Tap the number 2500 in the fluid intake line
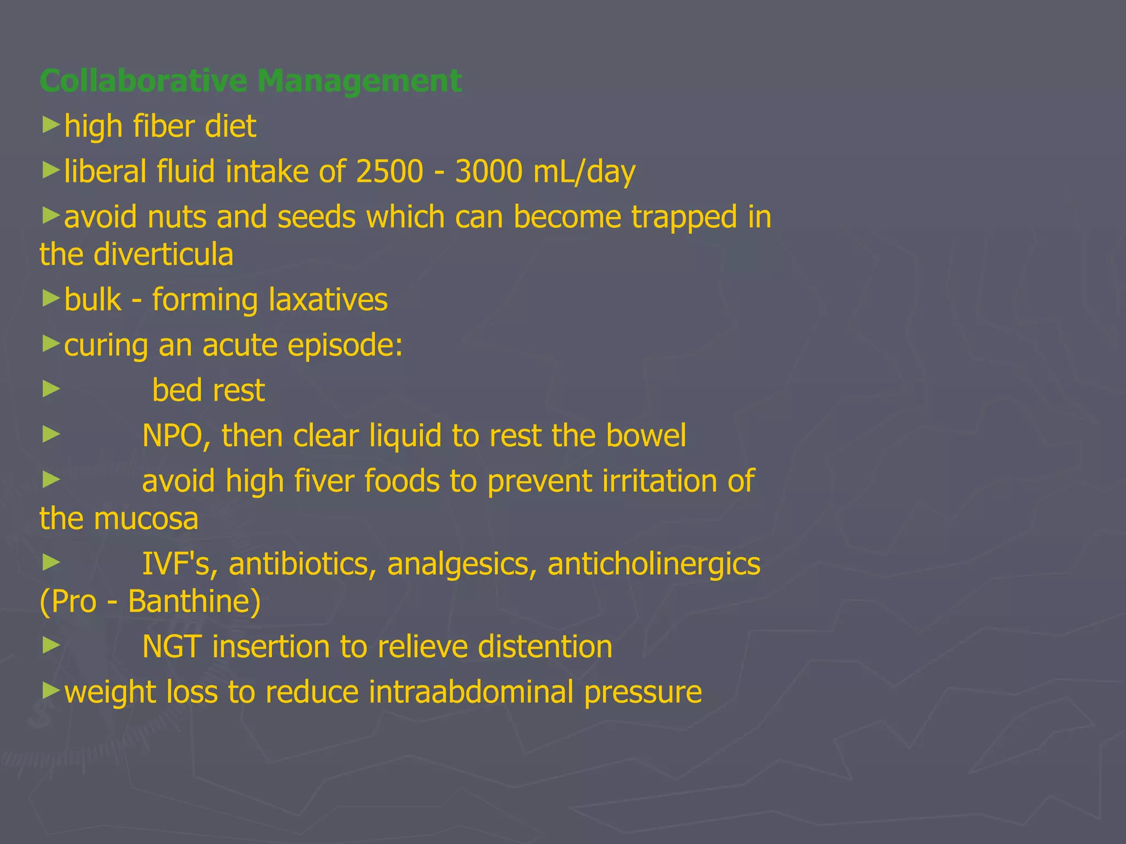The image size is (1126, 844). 390,171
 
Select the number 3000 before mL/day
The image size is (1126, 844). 489,171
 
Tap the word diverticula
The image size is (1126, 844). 163,254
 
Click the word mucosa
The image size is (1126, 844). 146,519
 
